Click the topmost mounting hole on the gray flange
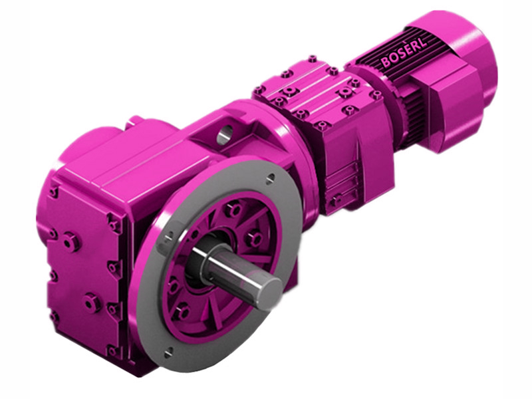click(x=270, y=178)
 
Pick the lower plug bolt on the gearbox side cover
click(x=92, y=304)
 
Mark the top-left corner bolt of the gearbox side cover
click(x=53, y=193)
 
